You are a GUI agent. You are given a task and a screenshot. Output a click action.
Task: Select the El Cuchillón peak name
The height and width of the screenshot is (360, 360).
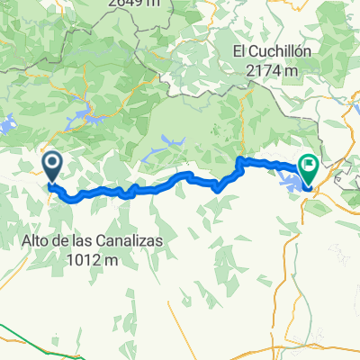tap(271, 51)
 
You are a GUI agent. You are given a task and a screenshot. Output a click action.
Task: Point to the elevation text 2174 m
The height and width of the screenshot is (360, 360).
tap(271, 70)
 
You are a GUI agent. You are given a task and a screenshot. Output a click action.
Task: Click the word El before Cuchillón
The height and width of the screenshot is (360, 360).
tap(240, 51)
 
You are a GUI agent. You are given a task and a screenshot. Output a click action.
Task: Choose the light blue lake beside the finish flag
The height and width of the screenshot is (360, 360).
tap(292, 182)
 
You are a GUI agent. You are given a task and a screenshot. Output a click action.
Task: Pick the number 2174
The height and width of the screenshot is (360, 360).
tap(263, 70)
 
